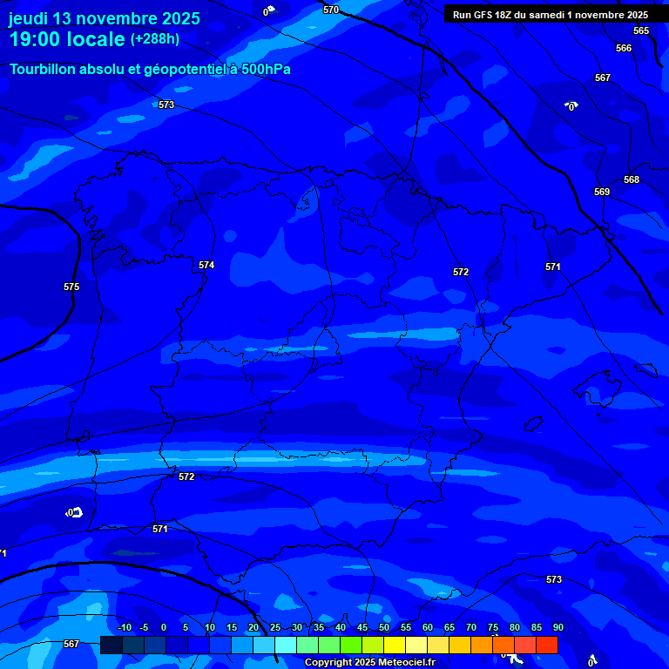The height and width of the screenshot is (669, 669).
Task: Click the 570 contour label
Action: [331, 10]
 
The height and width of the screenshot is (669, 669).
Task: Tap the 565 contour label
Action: [641, 30]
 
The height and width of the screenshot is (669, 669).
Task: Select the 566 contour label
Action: [624, 48]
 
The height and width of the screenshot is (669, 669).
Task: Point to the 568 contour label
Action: [632, 179]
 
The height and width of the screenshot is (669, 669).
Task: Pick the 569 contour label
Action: [602, 192]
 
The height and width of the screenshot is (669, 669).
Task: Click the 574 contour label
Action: [206, 265]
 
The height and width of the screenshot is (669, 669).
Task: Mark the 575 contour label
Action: [71, 287]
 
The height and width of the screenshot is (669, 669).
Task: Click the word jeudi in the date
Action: [29, 18]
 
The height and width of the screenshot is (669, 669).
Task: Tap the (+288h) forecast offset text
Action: [154, 38]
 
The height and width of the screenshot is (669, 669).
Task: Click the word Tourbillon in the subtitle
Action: [44, 69]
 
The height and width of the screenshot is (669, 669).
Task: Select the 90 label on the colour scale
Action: [557, 627]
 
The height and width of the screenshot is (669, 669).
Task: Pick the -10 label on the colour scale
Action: [124, 627]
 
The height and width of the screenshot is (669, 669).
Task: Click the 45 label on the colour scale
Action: [362, 627]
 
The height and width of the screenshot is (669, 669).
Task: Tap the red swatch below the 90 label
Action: [546, 645]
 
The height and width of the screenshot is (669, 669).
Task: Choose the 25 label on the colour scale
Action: [275, 627]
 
